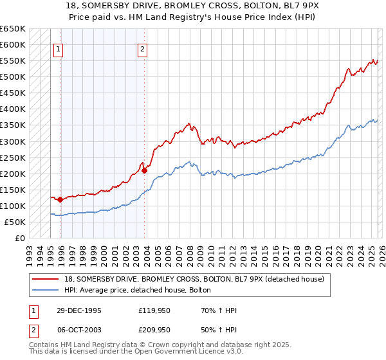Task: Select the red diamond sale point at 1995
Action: pyautogui.click(x=60, y=199)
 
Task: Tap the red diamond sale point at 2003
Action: pyautogui.click(x=144, y=170)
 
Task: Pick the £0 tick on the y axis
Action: pyautogui.click(x=20, y=238)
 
